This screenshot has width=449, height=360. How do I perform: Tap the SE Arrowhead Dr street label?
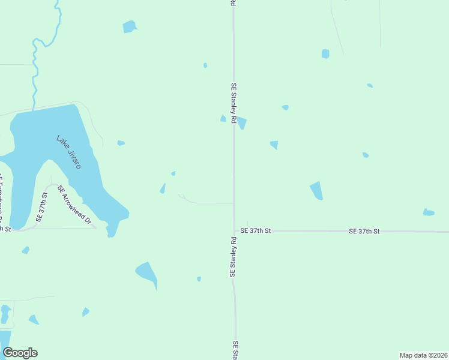point(74,205)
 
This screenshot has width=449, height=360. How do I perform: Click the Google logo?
point(20,353)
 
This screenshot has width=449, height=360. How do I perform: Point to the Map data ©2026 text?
point(423,355)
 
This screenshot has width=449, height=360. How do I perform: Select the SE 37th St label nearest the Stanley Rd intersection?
point(256,230)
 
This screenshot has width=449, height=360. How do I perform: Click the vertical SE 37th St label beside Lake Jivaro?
point(41,207)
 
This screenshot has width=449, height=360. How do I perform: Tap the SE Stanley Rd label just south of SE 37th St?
point(233,257)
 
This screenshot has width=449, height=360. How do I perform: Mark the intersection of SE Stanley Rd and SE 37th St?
point(234,230)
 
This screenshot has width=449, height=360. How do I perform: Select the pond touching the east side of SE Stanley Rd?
point(241,123)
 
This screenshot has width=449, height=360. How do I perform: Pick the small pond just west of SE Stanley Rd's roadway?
point(223,119)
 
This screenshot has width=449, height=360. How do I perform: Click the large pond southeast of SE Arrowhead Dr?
point(146,272)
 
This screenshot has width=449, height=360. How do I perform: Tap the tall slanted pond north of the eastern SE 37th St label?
point(316,191)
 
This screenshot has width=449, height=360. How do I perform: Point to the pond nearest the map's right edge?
point(428,212)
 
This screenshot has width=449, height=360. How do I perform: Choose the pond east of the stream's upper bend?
point(129,26)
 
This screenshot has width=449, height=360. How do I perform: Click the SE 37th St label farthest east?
point(364,230)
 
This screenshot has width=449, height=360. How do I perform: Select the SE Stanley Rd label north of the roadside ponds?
point(233,100)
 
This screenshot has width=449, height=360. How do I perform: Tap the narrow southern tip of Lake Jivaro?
point(111,230)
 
